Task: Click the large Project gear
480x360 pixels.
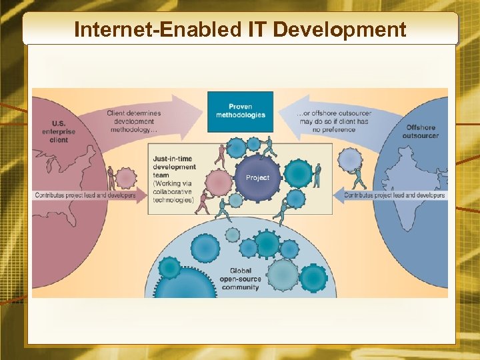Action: tap(257, 177)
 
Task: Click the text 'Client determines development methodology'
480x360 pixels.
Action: tap(133, 122)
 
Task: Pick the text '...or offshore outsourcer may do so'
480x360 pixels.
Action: tap(333, 122)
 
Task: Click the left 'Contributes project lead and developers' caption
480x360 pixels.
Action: tap(85, 195)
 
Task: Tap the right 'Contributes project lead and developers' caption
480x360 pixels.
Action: tap(394, 195)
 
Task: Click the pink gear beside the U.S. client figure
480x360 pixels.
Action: tap(126, 178)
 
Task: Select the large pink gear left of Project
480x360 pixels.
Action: tap(218, 183)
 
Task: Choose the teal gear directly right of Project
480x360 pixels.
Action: tap(297, 173)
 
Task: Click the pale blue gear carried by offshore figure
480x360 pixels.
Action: tap(349, 160)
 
